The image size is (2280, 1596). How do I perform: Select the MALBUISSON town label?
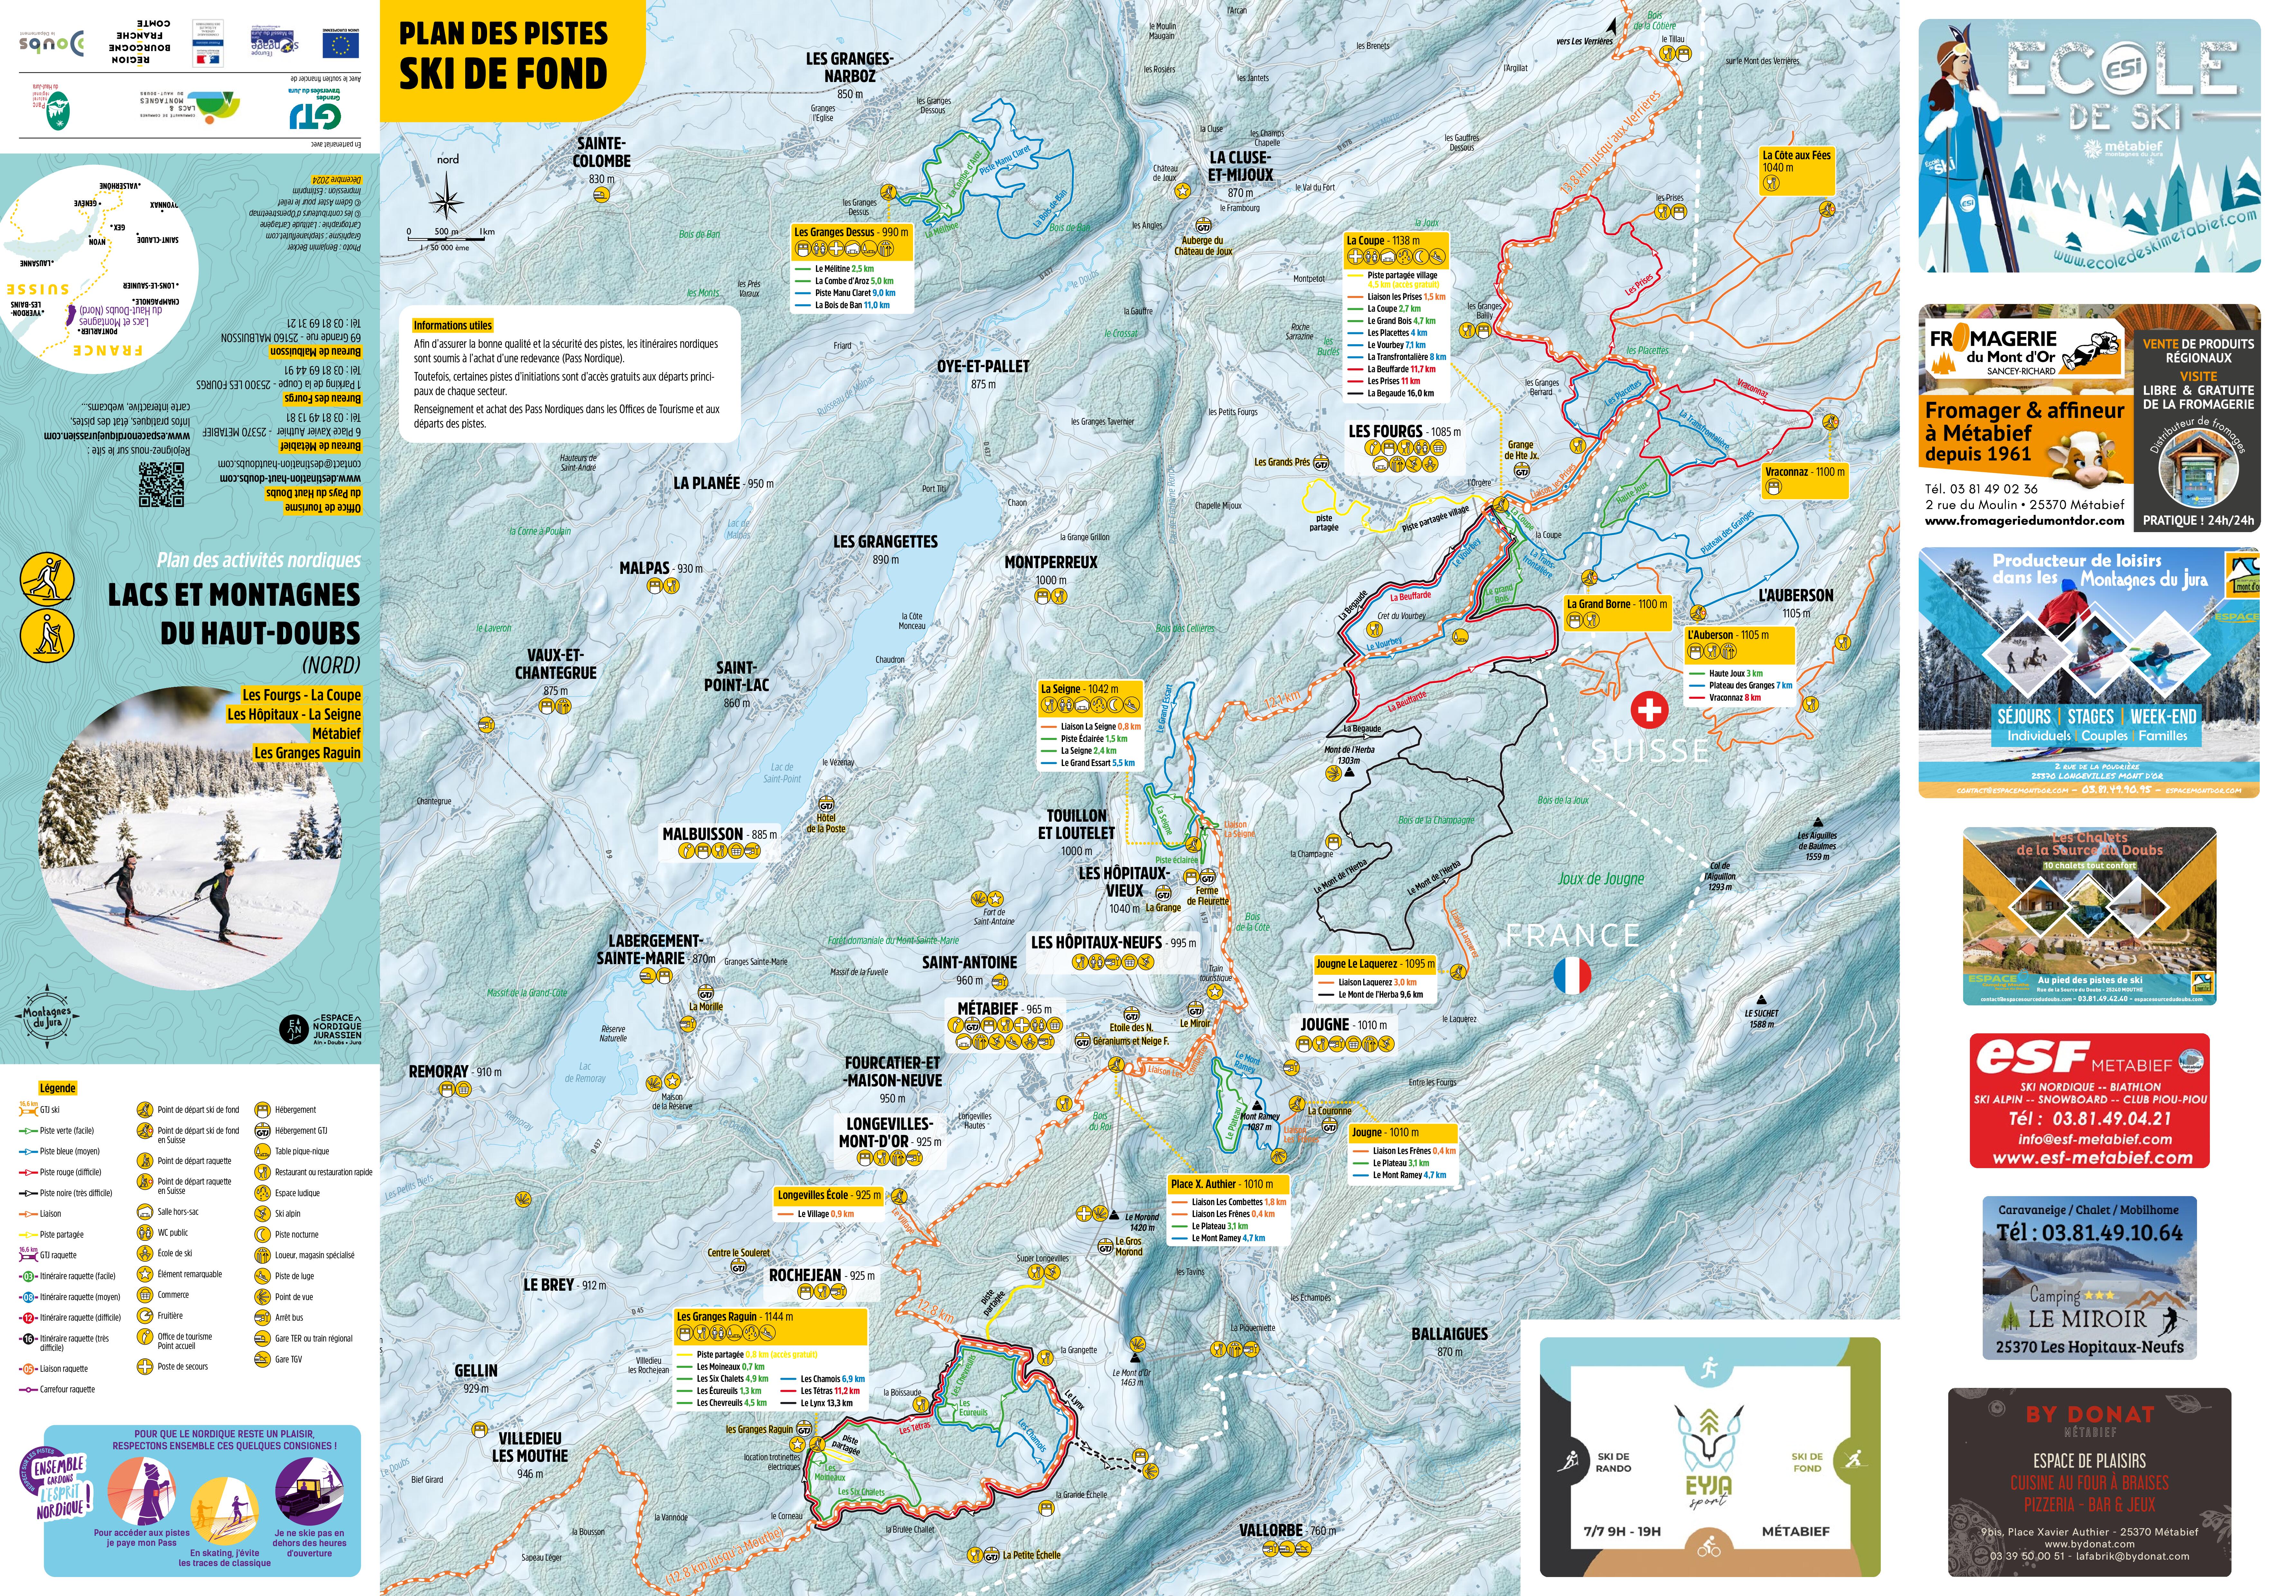point(703,834)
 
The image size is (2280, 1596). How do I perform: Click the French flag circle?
point(1571,975)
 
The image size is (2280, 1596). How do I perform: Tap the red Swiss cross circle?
point(1649,709)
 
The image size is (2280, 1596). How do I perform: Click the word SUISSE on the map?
point(1650,751)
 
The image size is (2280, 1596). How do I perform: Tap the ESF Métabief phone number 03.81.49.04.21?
point(2089,1118)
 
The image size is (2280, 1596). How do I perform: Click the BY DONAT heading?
point(2089,1413)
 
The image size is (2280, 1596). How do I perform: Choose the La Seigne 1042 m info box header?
point(1089,689)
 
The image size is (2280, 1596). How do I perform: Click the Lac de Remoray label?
point(585,1073)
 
